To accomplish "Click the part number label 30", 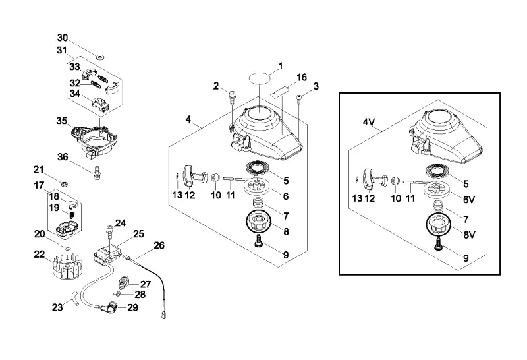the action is pos(62,38).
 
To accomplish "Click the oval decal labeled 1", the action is pos(260,78).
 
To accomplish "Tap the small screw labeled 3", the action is pos(299,97).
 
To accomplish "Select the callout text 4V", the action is pos(368,122).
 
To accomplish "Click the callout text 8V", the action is pos(469,235).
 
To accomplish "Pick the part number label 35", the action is pos(61,121).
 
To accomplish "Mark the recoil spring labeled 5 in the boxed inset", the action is pos(439,171).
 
